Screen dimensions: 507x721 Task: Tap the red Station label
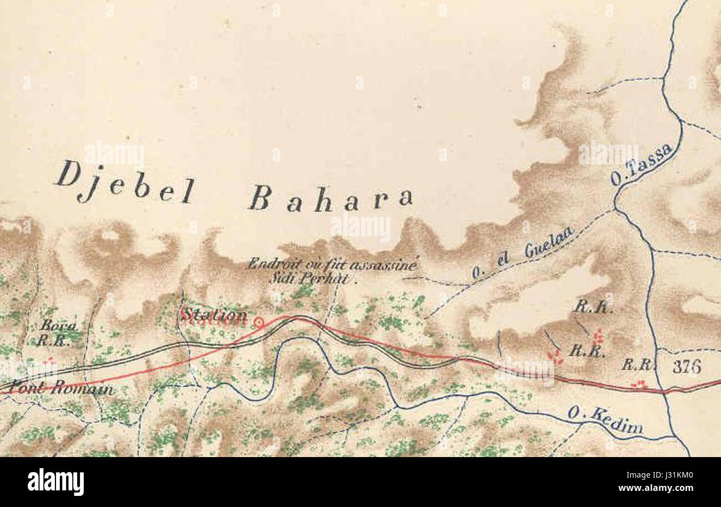tap(214, 316)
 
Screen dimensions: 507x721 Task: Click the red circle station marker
tap(258, 322)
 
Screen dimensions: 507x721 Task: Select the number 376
tap(686, 367)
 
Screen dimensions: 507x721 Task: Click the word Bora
tap(58, 326)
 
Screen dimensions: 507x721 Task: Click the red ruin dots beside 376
tap(639, 383)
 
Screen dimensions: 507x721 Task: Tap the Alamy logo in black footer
tap(55, 482)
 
